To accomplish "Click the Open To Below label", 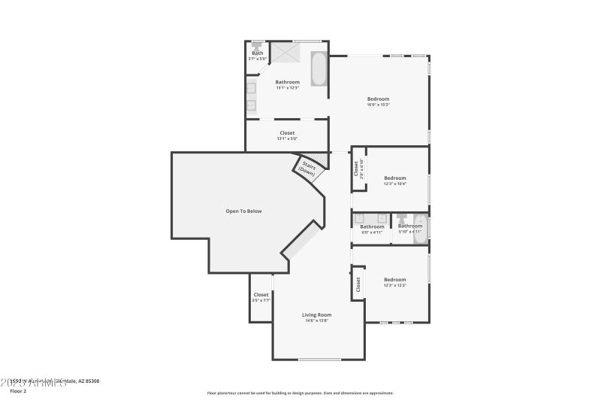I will click(x=243, y=211).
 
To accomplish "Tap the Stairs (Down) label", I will click(x=307, y=168).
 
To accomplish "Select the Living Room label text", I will click(x=316, y=314).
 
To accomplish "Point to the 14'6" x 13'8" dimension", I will click(x=316, y=321).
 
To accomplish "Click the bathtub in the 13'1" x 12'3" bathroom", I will click(x=319, y=68).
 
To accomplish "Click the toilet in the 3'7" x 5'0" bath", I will click(x=257, y=45).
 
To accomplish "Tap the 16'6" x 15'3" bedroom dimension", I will click(x=378, y=105).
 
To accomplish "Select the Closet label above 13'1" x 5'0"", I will click(x=287, y=132).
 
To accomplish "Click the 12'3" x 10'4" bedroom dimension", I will click(x=394, y=184).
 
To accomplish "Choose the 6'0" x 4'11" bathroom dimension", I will click(x=372, y=232).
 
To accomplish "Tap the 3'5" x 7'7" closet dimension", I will click(x=261, y=301).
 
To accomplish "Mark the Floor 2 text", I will click(x=18, y=391).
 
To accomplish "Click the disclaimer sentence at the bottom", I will click(x=300, y=393).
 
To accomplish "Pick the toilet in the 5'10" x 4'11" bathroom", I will click(x=402, y=220).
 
